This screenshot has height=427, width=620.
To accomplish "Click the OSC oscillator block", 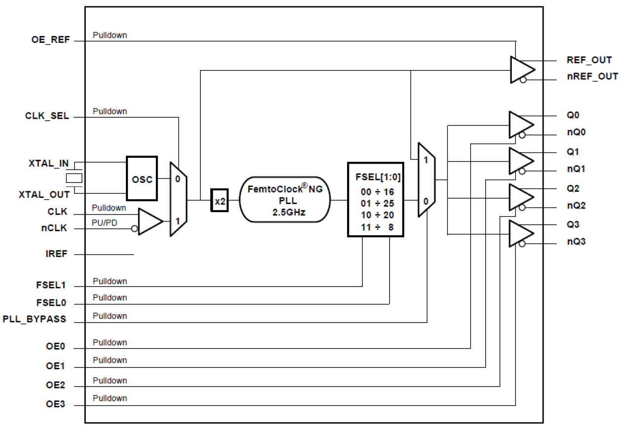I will coord(142,179).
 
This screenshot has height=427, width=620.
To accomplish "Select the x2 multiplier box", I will coord(220,200).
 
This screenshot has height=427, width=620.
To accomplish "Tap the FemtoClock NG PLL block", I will coord(284,200).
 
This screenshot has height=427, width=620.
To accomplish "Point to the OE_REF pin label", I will coord(50,41).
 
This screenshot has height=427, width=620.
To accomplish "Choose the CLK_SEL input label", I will coord(47,117).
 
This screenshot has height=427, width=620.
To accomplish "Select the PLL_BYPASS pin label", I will coord(34,319).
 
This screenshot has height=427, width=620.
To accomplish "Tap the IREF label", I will coord(57,254).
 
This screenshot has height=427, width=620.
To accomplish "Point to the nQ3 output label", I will coord(576,242).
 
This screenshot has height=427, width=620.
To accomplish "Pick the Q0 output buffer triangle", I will coord(520,124).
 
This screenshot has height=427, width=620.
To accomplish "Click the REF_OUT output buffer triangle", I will coord(520,69).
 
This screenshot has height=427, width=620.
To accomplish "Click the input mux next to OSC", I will coord(178,199).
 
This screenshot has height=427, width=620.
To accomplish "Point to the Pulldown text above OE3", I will coord(110,398).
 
